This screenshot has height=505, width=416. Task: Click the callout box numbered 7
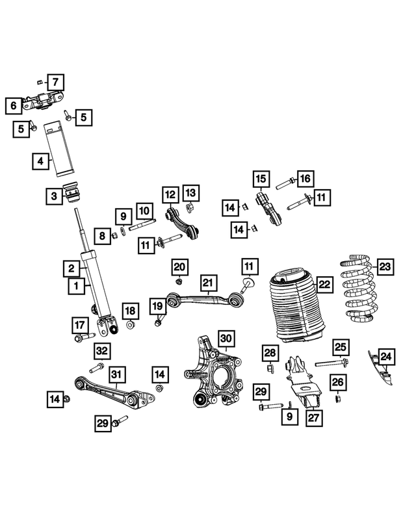click(x=55, y=83)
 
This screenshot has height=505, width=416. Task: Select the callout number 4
click(x=41, y=160)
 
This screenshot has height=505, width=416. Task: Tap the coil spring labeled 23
click(x=358, y=291)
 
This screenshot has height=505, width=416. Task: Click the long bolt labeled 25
click(x=331, y=363)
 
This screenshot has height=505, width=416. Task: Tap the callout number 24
click(x=386, y=356)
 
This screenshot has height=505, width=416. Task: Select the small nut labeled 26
click(x=338, y=398)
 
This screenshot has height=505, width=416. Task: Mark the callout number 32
click(x=101, y=351)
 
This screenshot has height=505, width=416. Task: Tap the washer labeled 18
click(x=130, y=324)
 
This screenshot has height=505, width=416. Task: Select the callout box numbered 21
click(x=207, y=282)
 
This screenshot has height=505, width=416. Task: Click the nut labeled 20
click(x=179, y=281)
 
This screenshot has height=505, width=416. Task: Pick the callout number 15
click(x=261, y=178)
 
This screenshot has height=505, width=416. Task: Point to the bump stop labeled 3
click(x=70, y=194)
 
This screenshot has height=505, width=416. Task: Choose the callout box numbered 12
click(x=170, y=194)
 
